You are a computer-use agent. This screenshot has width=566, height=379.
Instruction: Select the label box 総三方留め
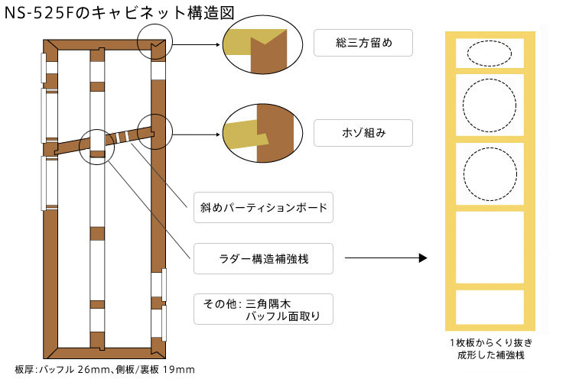tap(363, 43)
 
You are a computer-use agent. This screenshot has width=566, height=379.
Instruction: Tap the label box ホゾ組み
tap(363, 132)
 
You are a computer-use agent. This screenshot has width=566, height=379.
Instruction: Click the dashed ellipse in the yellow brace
tap(489, 53)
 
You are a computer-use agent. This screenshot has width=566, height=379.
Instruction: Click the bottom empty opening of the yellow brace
tap(489, 306)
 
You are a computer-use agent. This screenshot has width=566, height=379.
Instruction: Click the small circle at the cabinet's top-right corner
tap(155, 40)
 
